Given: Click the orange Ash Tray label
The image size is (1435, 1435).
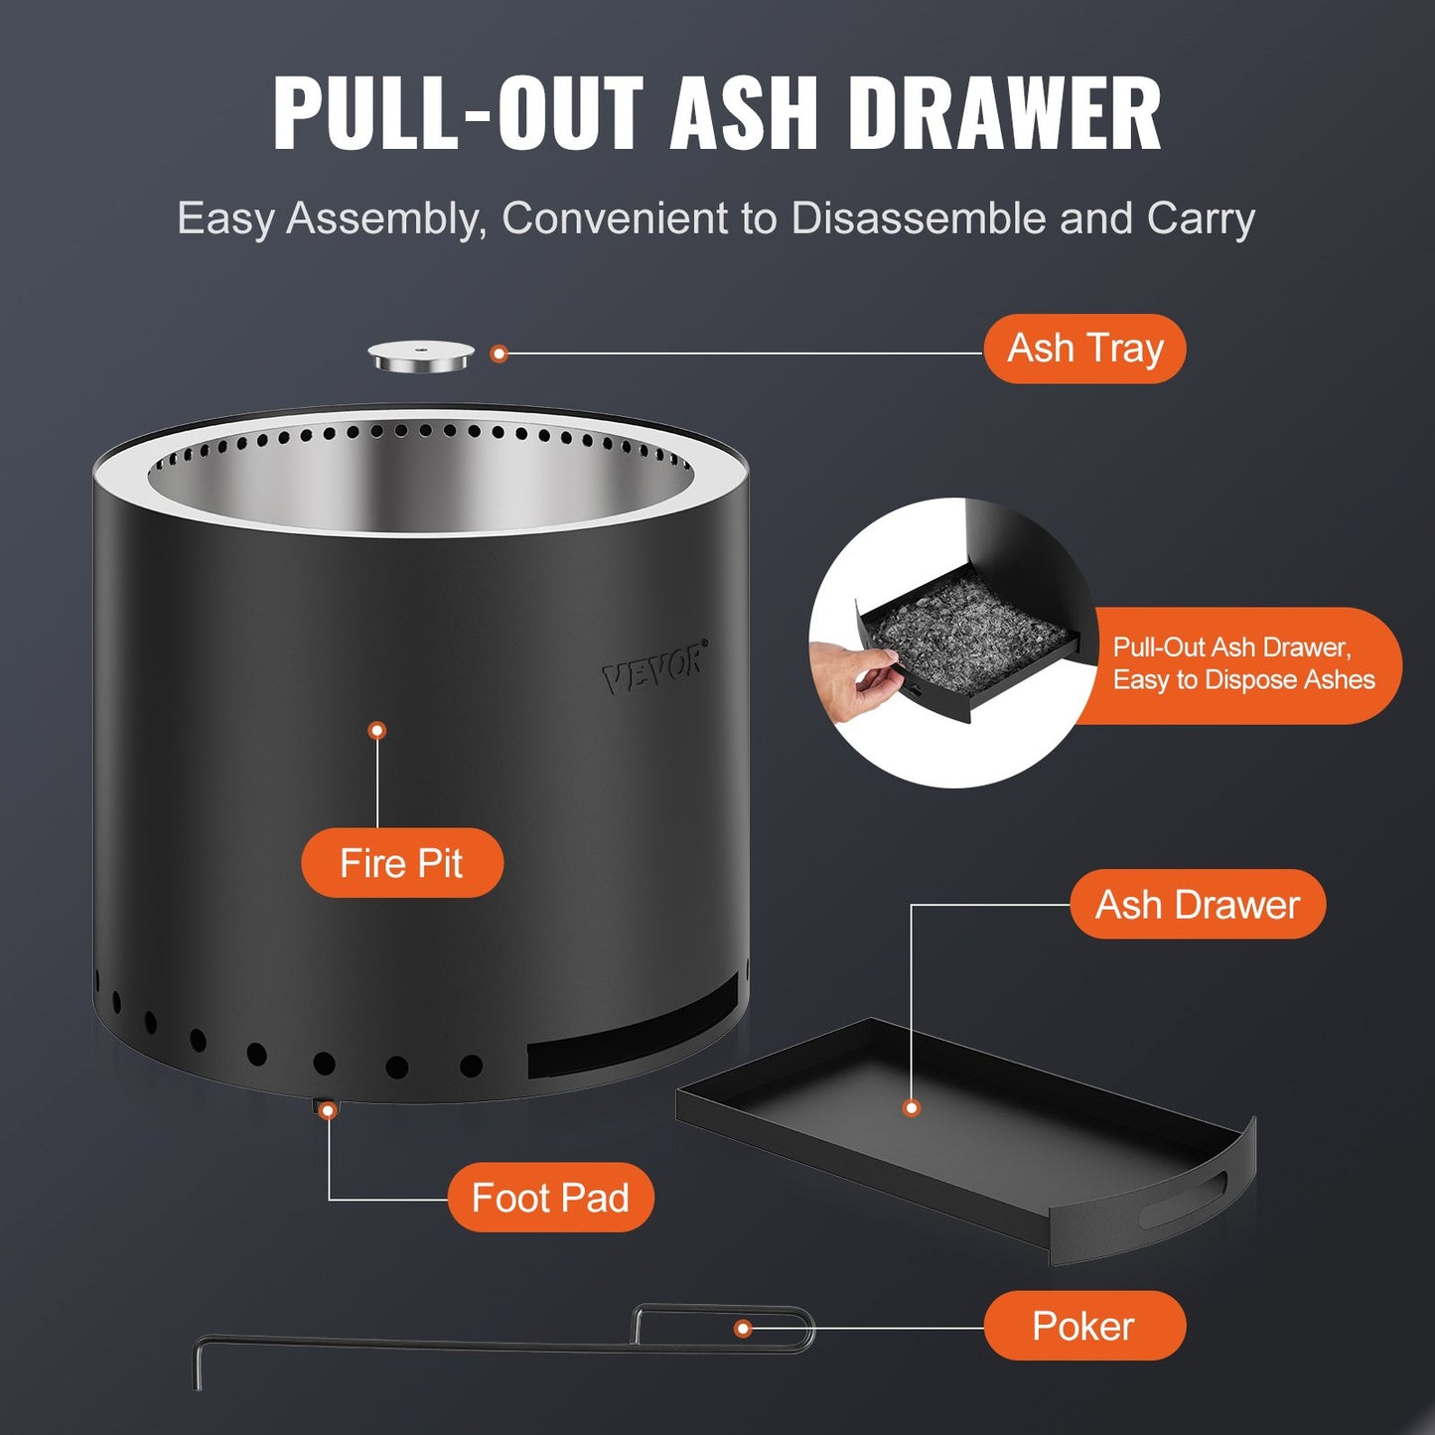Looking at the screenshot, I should point(1084,349).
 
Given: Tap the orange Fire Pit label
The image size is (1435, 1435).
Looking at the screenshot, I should point(401,863).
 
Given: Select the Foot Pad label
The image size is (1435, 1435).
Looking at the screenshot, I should point(549,1198).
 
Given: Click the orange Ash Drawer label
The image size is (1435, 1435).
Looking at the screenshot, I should point(1197,905).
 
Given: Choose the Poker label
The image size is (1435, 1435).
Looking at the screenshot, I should point(1083,1326).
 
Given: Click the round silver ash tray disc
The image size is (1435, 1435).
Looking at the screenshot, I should point(421,356).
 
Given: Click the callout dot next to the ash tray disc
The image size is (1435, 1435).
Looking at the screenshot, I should point(500,354).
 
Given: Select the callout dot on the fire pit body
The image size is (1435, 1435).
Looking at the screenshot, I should point(376,731).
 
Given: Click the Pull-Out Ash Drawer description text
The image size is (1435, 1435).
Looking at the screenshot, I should point(1242,663).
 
